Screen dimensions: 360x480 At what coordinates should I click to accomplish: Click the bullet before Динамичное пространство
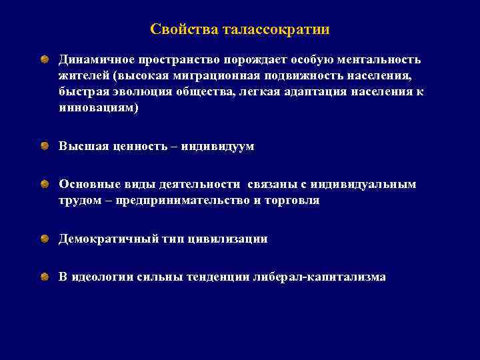(x=43, y=59)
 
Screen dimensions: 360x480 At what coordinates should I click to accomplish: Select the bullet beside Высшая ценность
(x=43, y=145)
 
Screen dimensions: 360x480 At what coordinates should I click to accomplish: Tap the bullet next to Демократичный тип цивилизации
(x=43, y=238)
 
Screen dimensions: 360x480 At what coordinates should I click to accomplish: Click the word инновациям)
(x=99, y=107)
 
